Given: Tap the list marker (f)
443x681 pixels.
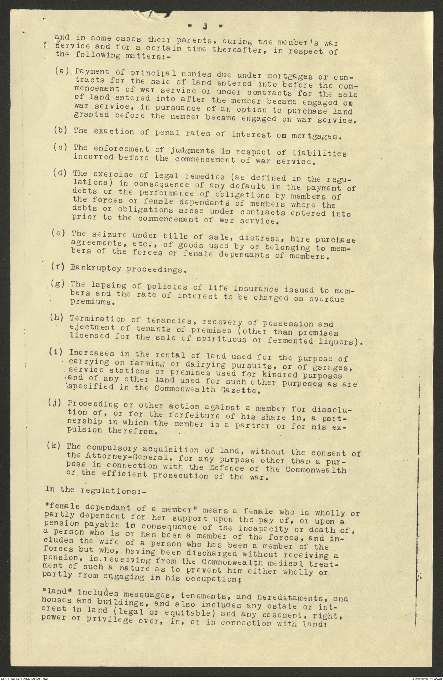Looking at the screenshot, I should click(x=57, y=267).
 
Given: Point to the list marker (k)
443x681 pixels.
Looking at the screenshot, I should click(x=54, y=445).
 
